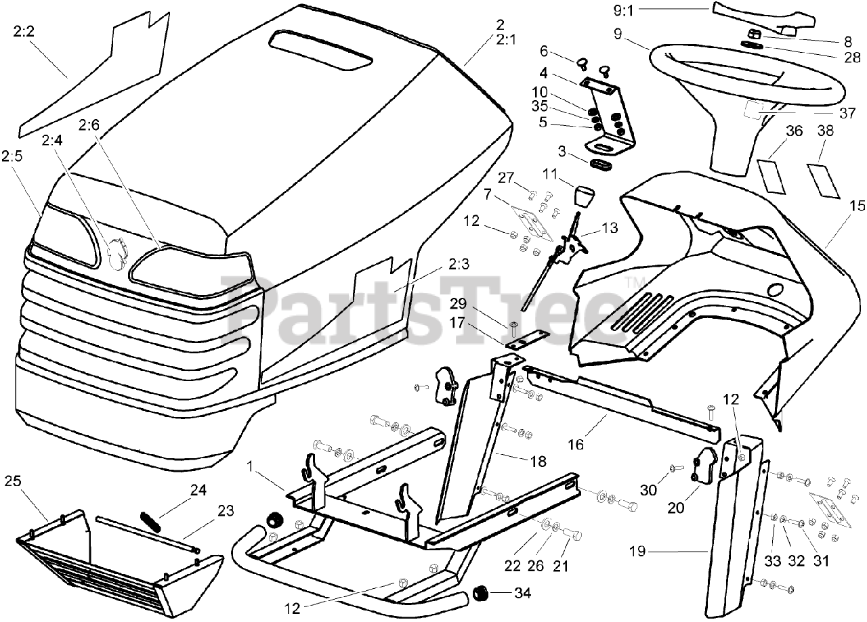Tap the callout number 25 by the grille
click(12, 481)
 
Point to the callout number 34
click(522, 594)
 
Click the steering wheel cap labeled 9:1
click(759, 15)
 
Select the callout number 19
click(648, 552)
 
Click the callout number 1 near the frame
click(249, 467)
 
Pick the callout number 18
click(537, 461)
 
